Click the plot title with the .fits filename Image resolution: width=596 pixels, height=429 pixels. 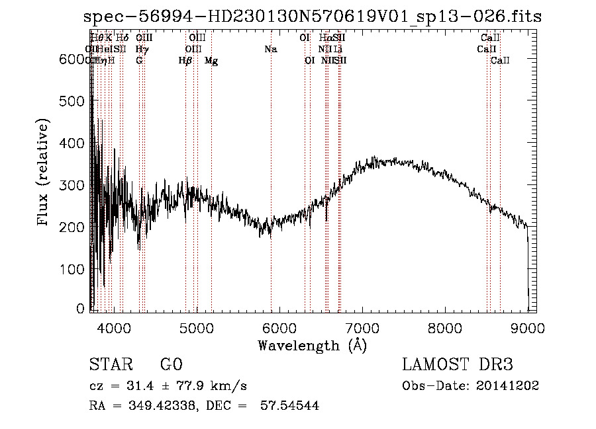313,17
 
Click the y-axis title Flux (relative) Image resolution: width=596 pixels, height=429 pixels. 44,174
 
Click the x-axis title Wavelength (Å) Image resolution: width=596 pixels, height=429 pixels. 312,345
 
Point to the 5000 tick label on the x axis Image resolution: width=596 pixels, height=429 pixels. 196,327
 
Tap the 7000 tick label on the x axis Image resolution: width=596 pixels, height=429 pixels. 362,327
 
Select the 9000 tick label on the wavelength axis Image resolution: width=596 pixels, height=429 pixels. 527,327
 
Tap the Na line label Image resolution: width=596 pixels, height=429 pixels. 270,50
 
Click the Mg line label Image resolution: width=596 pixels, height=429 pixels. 211,61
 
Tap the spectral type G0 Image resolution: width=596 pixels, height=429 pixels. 171,365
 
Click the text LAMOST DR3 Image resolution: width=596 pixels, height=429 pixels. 457,365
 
